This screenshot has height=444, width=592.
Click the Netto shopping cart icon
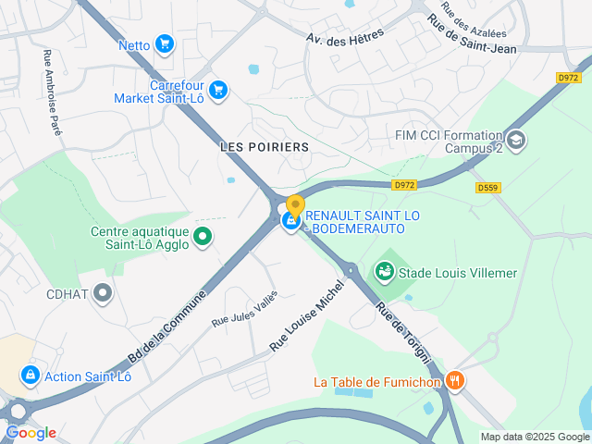165,43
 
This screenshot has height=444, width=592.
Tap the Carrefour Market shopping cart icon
218,90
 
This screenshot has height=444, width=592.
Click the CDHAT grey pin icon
103,294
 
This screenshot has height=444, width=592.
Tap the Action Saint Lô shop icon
30,376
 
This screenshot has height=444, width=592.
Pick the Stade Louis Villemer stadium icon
384,272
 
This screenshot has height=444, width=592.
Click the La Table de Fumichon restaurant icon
454,380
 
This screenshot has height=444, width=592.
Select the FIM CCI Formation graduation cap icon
516,141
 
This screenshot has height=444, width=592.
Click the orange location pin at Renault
295,206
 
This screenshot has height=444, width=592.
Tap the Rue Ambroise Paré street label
52,93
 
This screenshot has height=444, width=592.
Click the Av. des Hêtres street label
344,35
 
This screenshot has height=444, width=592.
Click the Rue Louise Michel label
306,314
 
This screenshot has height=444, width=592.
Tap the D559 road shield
488,188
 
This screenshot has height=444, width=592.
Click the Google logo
31,432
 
